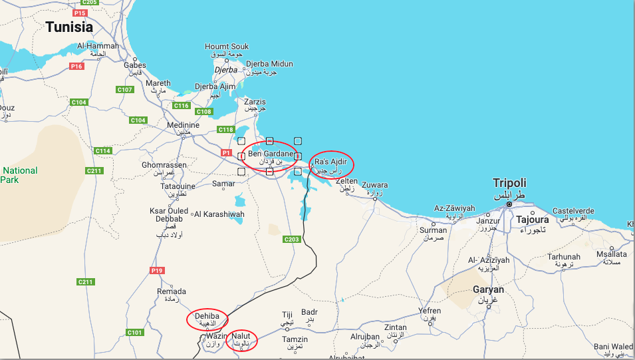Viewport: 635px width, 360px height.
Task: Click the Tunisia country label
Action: (69, 27)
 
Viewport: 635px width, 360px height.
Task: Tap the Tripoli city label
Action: (509, 183)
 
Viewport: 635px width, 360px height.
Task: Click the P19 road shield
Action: (156, 270)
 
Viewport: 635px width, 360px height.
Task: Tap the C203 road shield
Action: (292, 239)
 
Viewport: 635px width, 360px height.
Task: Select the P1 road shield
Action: (226, 153)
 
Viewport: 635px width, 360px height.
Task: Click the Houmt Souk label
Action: (227, 47)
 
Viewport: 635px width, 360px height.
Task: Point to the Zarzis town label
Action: (255, 102)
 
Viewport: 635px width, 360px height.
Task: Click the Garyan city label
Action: (488, 289)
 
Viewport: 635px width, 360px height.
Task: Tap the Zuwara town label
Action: (375, 185)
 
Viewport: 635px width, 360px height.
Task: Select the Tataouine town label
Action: (178, 186)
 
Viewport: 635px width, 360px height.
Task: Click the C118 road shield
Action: (226, 130)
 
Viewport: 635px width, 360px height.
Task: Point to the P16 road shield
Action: (77, 67)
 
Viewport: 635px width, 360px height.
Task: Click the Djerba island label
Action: (226, 70)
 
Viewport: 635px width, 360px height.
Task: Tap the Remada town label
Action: (171, 291)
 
